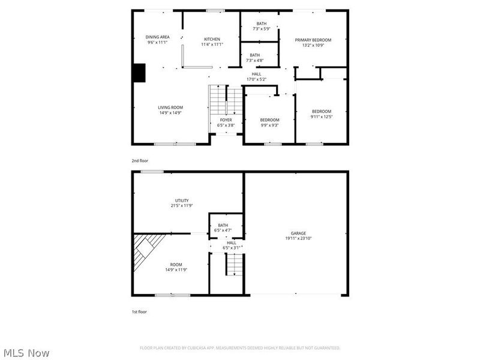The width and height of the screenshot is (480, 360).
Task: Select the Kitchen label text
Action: coord(212,40)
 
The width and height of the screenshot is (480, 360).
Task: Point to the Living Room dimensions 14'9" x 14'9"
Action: coord(170,113)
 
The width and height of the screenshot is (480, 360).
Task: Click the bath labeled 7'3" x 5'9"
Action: coord(262,26)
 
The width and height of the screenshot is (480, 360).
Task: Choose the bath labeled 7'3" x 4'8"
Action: coord(255,58)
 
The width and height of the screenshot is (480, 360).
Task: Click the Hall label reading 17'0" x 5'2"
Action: coord(256,76)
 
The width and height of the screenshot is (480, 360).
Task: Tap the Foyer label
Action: coord(226,122)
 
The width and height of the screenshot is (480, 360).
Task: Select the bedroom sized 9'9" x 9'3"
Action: coord(269,122)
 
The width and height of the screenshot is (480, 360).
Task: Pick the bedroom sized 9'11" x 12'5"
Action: coord(321,114)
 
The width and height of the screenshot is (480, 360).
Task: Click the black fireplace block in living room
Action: coord(139,73)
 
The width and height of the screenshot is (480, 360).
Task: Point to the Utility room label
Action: coord(182,203)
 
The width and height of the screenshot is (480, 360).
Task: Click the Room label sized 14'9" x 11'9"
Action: coord(176,267)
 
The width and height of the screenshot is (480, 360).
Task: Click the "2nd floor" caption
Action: coord(140,161)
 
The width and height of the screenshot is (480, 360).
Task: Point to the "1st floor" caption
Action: coord(139,312)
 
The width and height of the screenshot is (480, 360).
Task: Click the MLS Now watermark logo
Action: coord(26,353)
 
